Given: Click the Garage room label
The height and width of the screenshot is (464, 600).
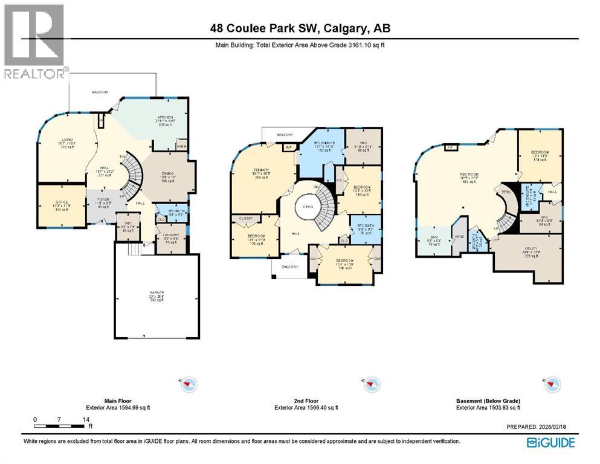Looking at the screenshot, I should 156,296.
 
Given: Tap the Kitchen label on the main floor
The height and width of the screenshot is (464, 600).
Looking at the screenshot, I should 166,120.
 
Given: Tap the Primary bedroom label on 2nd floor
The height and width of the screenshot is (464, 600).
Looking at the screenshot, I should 260,173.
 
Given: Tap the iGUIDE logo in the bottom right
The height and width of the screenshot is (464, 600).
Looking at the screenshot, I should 550,443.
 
